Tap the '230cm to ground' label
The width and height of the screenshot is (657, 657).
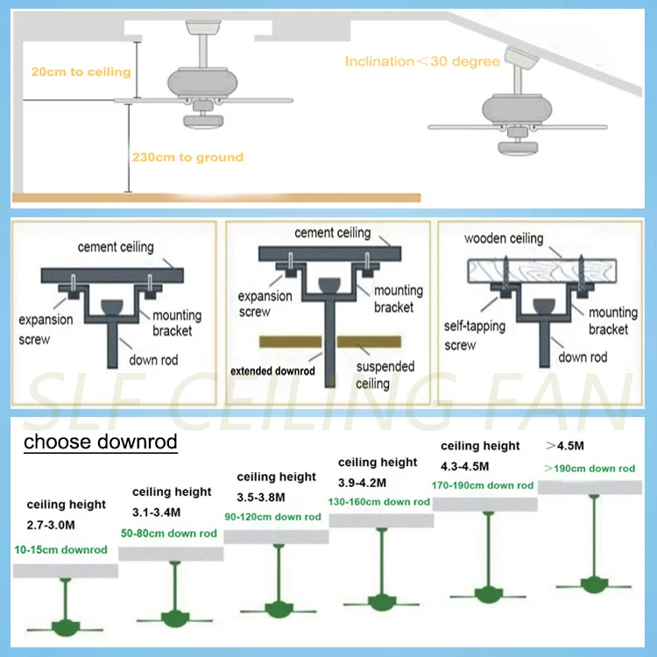point(187,158)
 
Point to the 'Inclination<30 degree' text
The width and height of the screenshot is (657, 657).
point(422,61)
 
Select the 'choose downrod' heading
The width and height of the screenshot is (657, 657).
point(100,442)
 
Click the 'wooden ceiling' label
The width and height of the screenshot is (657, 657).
point(504,238)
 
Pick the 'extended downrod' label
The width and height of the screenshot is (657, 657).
point(272,371)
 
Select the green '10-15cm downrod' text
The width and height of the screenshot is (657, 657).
point(61,550)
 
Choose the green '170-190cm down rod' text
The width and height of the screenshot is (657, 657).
point(483,484)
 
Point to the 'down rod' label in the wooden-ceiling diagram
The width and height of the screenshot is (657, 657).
point(583,357)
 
